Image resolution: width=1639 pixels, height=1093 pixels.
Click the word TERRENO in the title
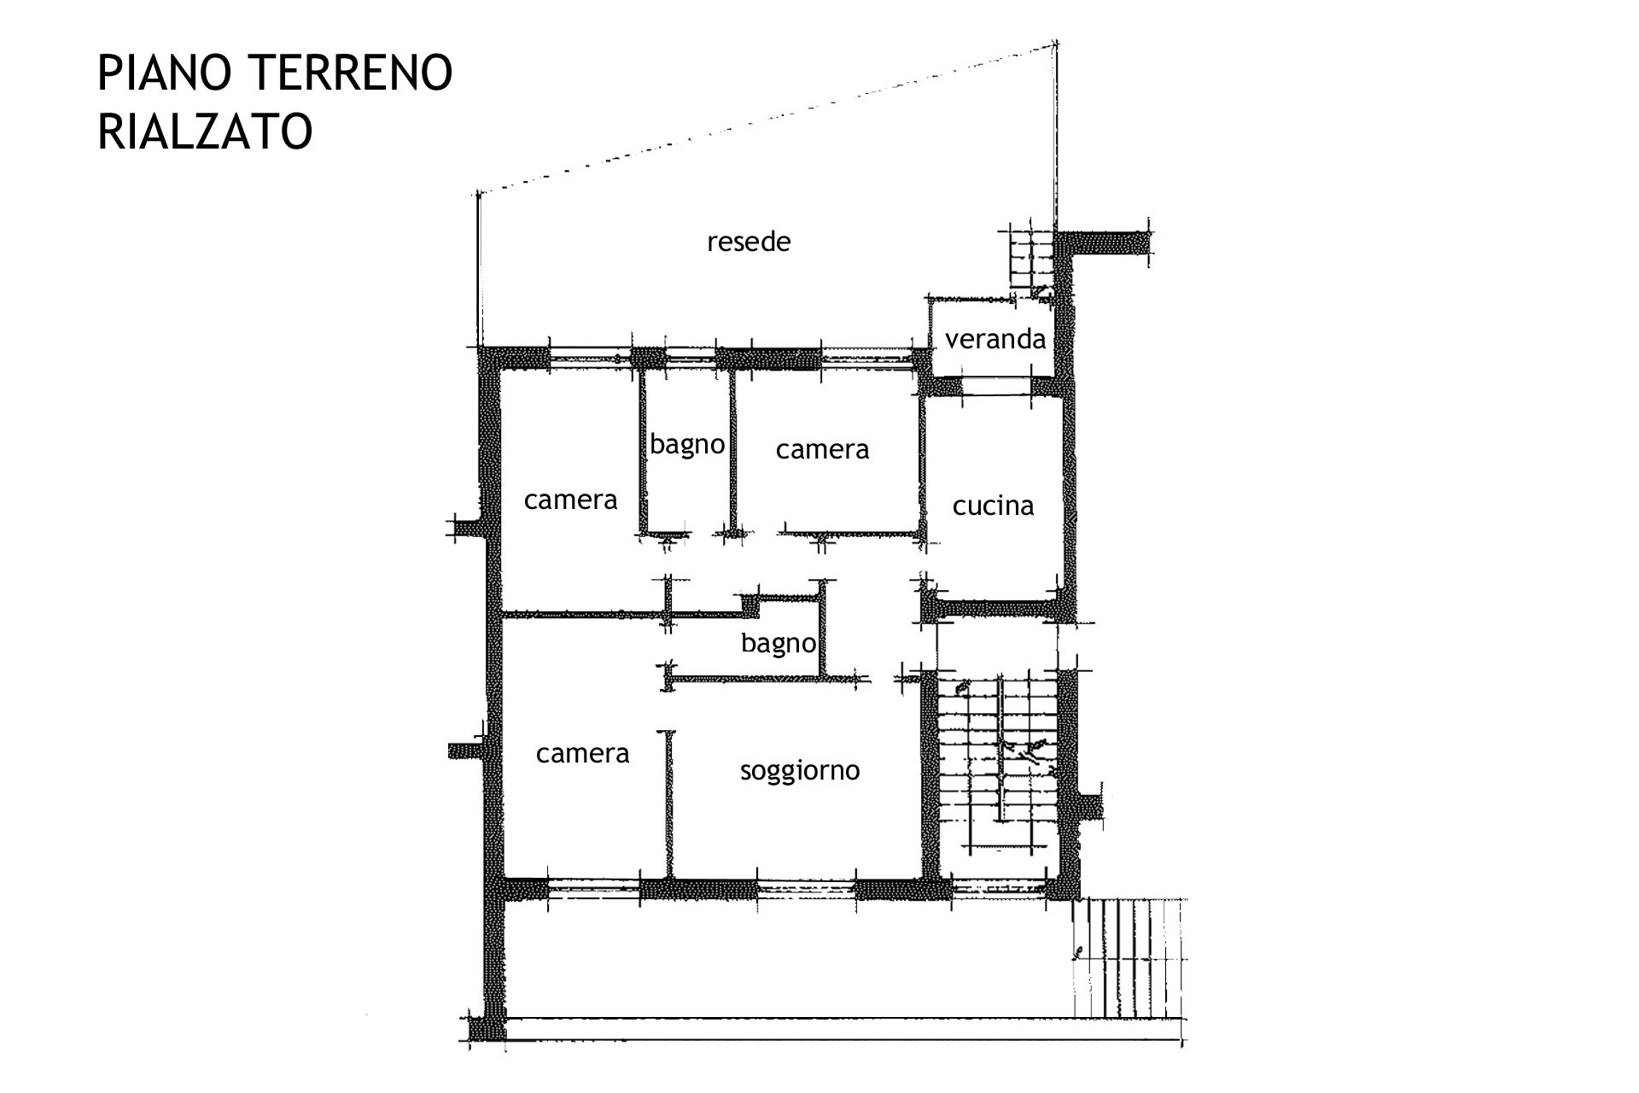pyautogui.click(x=351, y=73)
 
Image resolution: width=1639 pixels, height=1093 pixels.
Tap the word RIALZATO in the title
pyautogui.click(x=205, y=132)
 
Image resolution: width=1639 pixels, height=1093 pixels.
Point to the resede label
pyautogui.click(x=749, y=242)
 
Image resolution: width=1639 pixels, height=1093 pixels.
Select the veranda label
pyautogui.click(x=994, y=339)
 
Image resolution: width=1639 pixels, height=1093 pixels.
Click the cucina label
pyautogui.click(x=993, y=506)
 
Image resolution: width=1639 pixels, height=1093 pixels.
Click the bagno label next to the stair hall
pyautogui.click(x=778, y=643)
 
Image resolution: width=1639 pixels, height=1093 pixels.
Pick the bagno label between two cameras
pyautogui.click(x=687, y=445)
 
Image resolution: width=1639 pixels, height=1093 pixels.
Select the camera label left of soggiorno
pyautogui.click(x=582, y=753)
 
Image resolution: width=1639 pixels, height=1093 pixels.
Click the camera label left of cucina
pyautogui.click(x=822, y=449)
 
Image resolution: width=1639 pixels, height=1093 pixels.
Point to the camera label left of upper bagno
pyautogui.click(x=570, y=500)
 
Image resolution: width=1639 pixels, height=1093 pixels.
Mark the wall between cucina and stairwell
pyautogui.click(x=997, y=610)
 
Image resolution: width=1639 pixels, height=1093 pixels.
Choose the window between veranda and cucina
pyautogui.click(x=997, y=386)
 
